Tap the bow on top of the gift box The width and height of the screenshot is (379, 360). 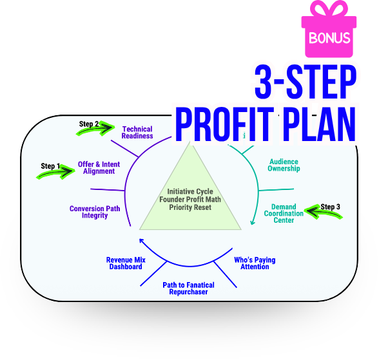(329, 8)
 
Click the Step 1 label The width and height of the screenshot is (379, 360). (50, 166)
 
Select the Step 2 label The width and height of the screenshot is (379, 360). (89, 124)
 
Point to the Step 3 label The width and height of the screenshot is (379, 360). (330, 207)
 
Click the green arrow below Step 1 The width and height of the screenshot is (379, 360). (56, 172)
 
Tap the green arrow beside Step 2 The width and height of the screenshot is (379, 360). (96, 128)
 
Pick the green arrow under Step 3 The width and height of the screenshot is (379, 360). (323, 212)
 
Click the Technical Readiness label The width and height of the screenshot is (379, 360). (137, 133)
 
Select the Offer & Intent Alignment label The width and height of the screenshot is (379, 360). (99, 168)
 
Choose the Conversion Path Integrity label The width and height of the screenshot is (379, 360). (95, 212)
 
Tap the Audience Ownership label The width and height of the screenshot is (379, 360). (284, 165)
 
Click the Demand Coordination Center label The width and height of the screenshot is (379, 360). (284, 213)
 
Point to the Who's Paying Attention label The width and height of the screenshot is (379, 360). (255, 263)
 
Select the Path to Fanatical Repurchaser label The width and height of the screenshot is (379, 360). (188, 289)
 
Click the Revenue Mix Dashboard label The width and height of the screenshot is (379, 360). (126, 263)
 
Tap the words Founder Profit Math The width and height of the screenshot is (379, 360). (190, 200)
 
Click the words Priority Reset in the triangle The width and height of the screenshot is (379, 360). (190, 207)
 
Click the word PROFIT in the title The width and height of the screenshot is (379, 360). (224, 124)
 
